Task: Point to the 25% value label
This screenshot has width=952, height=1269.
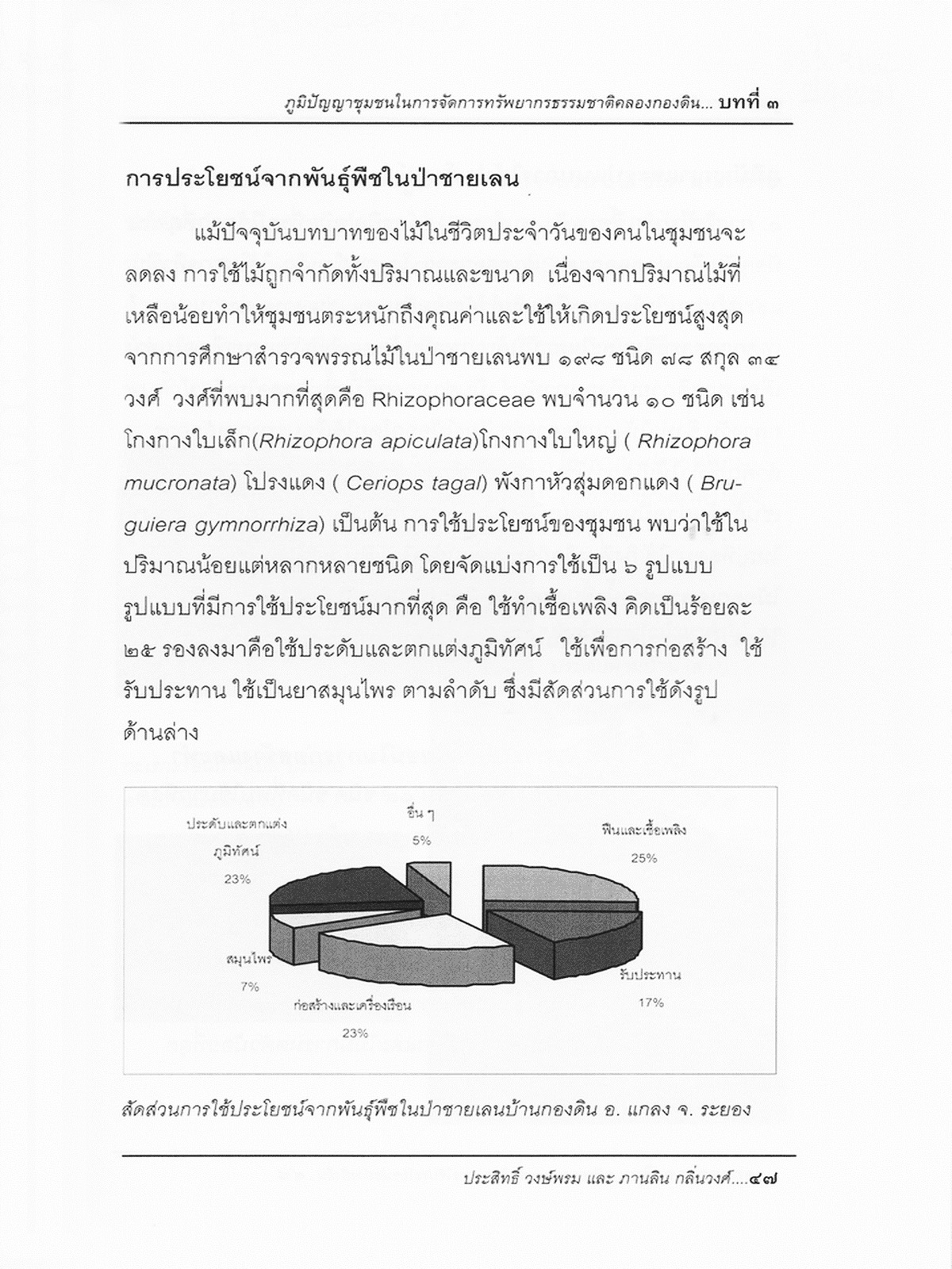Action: tap(643, 857)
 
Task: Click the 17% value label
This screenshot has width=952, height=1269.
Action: tap(651, 1003)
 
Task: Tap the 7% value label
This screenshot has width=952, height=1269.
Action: tap(250, 987)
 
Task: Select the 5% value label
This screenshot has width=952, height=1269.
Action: tap(421, 840)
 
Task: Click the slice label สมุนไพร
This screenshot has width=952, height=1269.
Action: tap(249, 960)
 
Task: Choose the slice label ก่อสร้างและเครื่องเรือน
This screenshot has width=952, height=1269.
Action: tap(352, 1006)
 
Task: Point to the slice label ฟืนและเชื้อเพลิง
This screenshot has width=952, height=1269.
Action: tap(643, 830)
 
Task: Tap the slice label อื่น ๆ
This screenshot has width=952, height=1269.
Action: tap(420, 815)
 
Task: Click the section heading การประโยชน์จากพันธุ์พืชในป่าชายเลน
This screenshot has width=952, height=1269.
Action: tap(322, 179)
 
